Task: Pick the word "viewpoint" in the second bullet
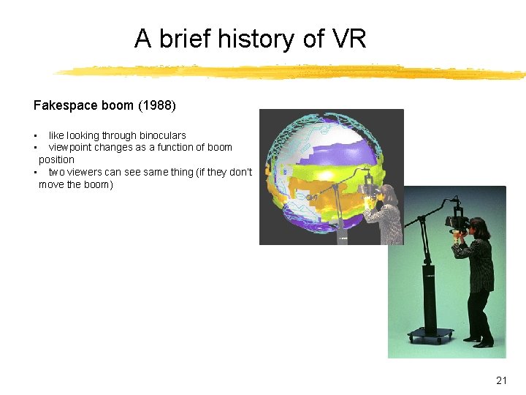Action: point(72,147)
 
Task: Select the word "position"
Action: point(56,159)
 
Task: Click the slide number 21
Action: point(501,380)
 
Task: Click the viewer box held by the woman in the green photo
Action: point(457,221)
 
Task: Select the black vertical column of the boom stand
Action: point(428,293)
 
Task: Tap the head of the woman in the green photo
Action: point(479,226)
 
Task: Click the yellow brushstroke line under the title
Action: point(292,72)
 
